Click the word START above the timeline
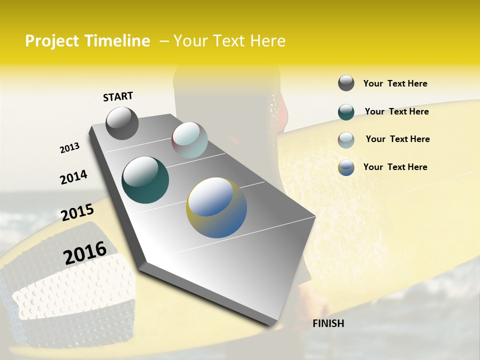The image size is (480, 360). pyautogui.click(x=118, y=96)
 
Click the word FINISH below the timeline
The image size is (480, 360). pyautogui.click(x=328, y=323)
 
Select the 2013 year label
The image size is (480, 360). pyautogui.click(x=69, y=148)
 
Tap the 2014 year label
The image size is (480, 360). pyautogui.click(x=73, y=177)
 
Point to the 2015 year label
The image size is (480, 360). pyautogui.click(x=77, y=212)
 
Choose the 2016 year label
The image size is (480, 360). pyautogui.click(x=85, y=253)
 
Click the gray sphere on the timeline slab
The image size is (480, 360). pyautogui.click(x=122, y=123)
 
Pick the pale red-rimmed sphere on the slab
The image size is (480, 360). pyautogui.click(x=189, y=140)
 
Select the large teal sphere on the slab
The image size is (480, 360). pyautogui.click(x=145, y=180)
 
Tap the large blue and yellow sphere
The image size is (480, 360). pyautogui.click(x=216, y=207)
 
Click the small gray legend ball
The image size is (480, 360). pyautogui.click(x=346, y=83)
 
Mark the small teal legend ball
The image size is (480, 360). pyautogui.click(x=346, y=112)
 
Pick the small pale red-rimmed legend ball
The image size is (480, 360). pyautogui.click(x=346, y=140)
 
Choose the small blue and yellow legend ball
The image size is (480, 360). pyautogui.click(x=346, y=167)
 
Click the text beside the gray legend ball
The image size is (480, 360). pyautogui.click(x=395, y=83)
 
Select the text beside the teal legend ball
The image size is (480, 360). pyautogui.click(x=396, y=111)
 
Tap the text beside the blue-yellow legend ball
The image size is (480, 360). pyautogui.click(x=395, y=167)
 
